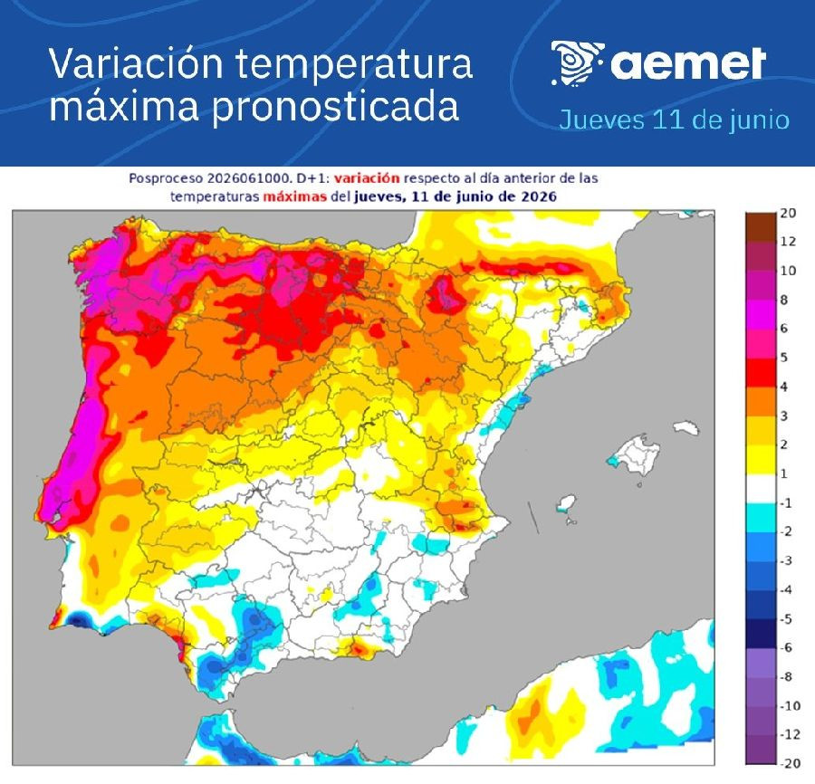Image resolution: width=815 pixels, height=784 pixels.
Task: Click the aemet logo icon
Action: point(577,63)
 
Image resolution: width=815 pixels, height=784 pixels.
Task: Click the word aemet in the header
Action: point(687,64)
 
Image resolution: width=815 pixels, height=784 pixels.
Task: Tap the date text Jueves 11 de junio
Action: point(674,120)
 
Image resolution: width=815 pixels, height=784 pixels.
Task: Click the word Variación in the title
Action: point(136,63)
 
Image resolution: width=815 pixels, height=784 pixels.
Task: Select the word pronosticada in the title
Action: point(335,107)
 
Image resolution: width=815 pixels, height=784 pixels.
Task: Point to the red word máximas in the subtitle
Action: point(294,196)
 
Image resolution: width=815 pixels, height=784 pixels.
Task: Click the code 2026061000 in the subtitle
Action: point(248,178)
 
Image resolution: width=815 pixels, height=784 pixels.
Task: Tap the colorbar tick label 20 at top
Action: point(788,213)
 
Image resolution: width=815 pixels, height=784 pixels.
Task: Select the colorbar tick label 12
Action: point(788,241)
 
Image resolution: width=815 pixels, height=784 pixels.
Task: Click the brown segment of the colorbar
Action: point(761,226)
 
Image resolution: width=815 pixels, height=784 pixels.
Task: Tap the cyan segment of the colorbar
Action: point(761,518)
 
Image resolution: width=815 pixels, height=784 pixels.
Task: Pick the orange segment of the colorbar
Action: point(761,401)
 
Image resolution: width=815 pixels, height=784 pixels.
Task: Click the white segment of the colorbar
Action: point(761,488)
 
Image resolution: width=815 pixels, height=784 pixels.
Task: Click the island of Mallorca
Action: point(634,455)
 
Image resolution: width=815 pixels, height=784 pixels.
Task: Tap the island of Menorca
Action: point(686,427)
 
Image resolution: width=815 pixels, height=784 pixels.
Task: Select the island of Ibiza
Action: point(566,504)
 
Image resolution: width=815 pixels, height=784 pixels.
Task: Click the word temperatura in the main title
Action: point(354,64)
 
